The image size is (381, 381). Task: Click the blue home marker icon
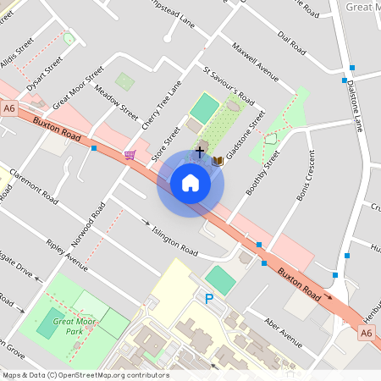[x=190, y=183]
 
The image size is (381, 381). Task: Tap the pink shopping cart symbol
[x=130, y=154]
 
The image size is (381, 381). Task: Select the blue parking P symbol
[x=208, y=298]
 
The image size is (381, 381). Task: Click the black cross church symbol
[x=200, y=152]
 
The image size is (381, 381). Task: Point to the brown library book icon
[x=218, y=160]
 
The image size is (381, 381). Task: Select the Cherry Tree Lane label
[x=163, y=106]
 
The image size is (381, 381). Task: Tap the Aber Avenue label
[x=283, y=334]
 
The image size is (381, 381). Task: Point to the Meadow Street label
[x=116, y=102]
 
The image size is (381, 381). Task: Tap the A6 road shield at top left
[x=9, y=108]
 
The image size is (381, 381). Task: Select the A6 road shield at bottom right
[x=366, y=334]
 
